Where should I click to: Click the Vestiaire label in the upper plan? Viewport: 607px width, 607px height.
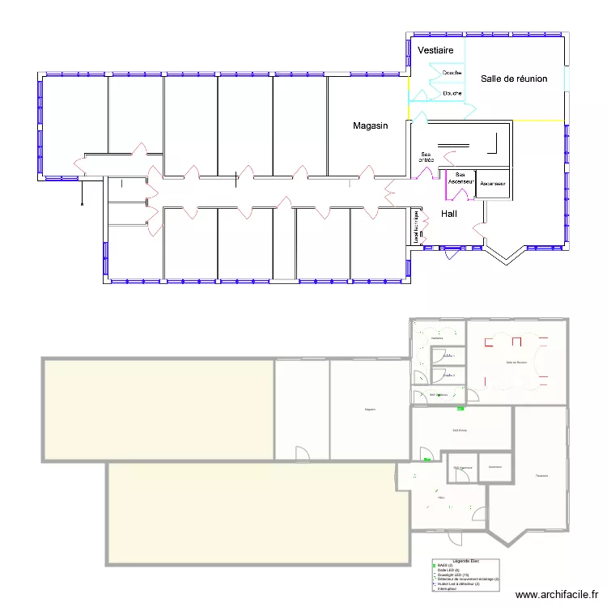[x=435, y=51]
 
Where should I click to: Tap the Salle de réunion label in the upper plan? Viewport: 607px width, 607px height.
[x=514, y=79]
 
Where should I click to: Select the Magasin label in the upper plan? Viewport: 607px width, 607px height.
[x=371, y=125]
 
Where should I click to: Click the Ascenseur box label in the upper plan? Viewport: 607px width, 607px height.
[x=493, y=184]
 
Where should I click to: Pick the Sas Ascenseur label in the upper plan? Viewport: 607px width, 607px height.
[x=461, y=177]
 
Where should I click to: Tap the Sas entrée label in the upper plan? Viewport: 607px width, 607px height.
[x=427, y=157]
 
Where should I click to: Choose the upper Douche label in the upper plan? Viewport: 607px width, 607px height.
[x=452, y=73]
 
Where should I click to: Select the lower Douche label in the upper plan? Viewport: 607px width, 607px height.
[x=452, y=93]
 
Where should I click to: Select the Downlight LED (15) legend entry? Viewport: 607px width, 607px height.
[x=454, y=575]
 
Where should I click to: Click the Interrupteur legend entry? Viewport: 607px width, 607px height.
[x=448, y=588]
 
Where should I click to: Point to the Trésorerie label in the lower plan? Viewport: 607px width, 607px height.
[x=541, y=475]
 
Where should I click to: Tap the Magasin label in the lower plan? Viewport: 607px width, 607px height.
[x=370, y=410]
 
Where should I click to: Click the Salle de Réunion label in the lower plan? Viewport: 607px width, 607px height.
[x=516, y=362]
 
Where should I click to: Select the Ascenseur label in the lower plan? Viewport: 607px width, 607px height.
[x=495, y=466]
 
